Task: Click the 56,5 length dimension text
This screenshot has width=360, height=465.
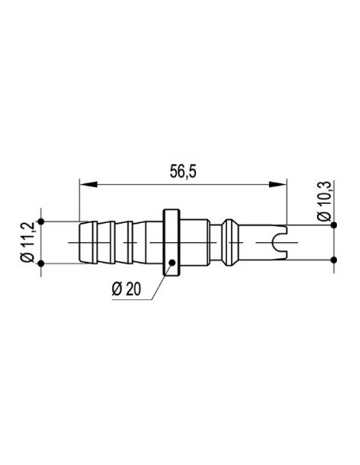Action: point(183,171)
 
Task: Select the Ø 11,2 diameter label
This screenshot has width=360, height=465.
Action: point(28,242)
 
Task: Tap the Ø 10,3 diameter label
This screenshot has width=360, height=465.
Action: point(324,201)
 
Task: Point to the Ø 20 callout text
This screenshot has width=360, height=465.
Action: point(127,288)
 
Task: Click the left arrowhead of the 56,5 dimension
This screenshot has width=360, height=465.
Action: point(88,184)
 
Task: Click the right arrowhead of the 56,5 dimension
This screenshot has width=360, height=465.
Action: point(278,184)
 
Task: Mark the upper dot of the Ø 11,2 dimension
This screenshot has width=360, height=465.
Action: point(41,221)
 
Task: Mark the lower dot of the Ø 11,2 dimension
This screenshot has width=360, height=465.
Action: point(41,263)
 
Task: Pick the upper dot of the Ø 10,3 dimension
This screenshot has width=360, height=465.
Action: point(334,225)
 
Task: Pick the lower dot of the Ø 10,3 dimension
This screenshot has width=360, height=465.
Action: point(334,260)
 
